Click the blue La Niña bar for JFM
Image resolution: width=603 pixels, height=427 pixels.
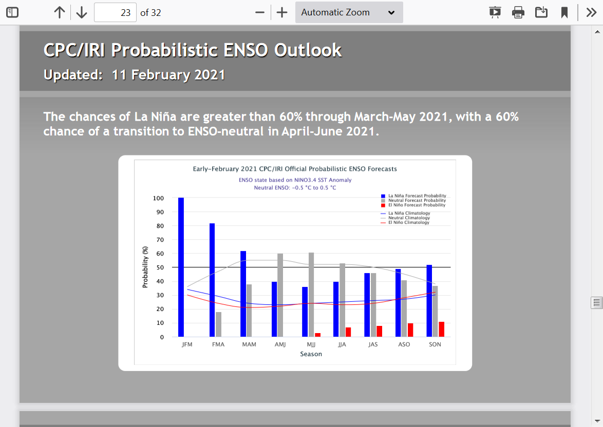point(181,267)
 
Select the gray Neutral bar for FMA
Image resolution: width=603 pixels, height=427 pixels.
point(218,324)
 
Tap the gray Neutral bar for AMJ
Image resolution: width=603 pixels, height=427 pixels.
point(280,295)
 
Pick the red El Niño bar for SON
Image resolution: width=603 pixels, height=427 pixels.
point(442,329)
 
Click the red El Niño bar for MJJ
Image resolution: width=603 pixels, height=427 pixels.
point(317,335)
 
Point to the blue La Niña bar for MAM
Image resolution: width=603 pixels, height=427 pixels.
point(243,294)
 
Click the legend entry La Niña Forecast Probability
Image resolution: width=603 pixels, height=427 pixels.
point(414,196)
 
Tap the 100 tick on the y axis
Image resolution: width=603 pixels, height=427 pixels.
point(158,198)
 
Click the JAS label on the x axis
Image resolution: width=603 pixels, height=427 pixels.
point(373,344)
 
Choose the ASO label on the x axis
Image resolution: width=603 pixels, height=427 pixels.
point(404,344)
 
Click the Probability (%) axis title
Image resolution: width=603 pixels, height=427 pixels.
point(145,267)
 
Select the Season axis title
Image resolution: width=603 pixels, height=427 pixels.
point(311,354)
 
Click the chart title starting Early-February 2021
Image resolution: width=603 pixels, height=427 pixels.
point(295,169)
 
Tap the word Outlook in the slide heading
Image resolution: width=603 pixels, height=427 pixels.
point(308,50)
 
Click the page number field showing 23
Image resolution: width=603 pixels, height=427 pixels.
point(115,13)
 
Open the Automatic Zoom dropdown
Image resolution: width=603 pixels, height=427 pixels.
point(349,12)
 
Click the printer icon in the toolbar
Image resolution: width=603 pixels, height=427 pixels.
point(518,13)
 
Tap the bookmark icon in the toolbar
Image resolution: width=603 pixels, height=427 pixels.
point(564,13)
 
